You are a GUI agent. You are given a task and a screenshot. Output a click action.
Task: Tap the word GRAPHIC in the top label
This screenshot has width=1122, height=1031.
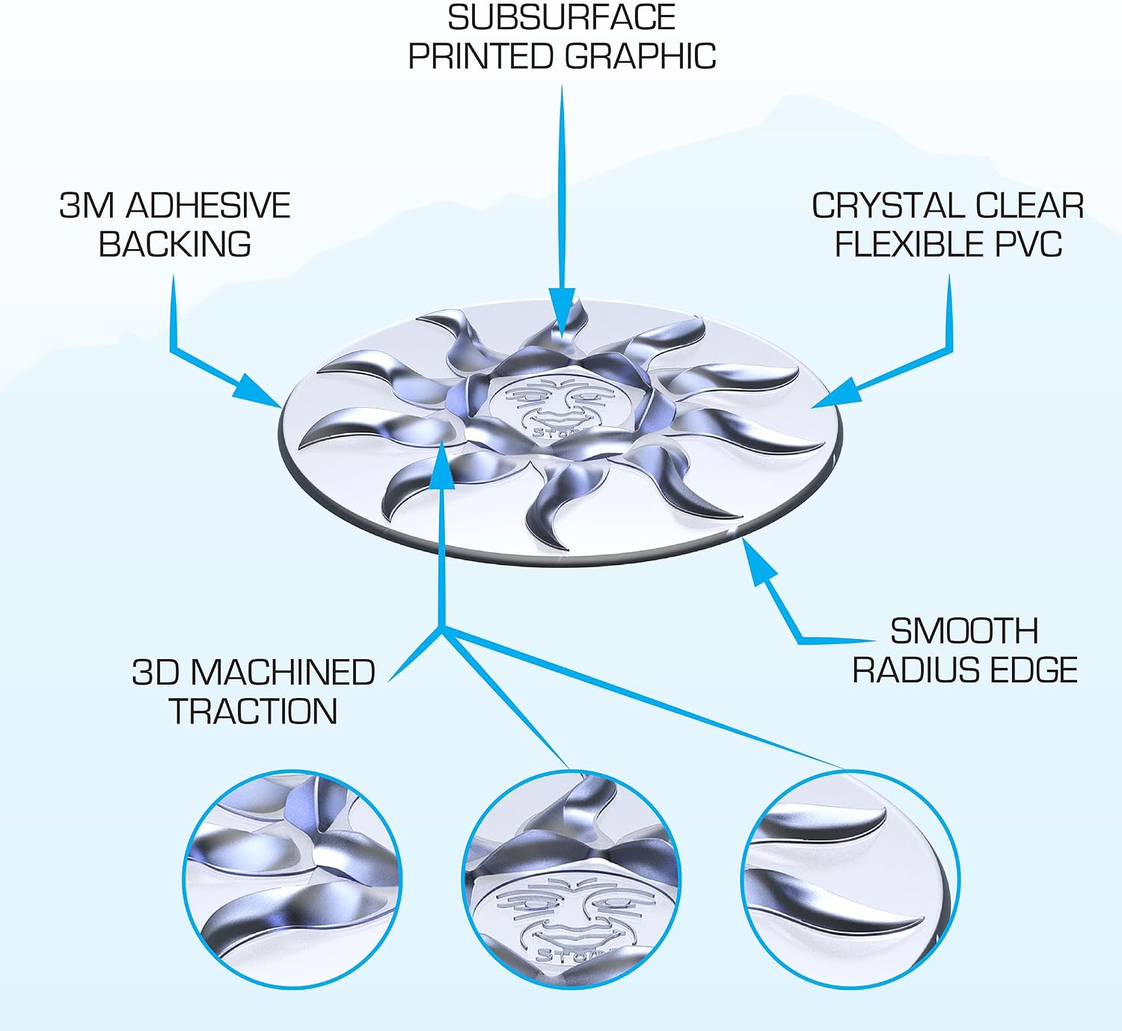pyautogui.click(x=640, y=56)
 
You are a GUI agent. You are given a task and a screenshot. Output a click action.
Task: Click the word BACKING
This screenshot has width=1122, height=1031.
pyautogui.click(x=174, y=244)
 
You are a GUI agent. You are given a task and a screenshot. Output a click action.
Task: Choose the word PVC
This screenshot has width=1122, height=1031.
pyautogui.click(x=1028, y=244)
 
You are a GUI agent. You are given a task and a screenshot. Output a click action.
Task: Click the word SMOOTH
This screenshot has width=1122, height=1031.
pyautogui.click(x=964, y=631)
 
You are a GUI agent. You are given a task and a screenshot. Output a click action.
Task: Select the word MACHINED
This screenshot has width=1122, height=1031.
pyautogui.click(x=283, y=672)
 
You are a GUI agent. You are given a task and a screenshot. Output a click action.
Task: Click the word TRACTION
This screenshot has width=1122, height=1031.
pyautogui.click(x=253, y=711)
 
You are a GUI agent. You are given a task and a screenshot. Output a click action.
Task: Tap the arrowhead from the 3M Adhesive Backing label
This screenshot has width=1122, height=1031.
pyautogui.click(x=257, y=390)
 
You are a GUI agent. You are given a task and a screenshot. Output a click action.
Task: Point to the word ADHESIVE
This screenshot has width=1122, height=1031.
pyautogui.click(x=208, y=206)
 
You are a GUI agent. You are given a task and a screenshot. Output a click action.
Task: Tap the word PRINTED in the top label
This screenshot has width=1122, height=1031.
pyautogui.click(x=482, y=56)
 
